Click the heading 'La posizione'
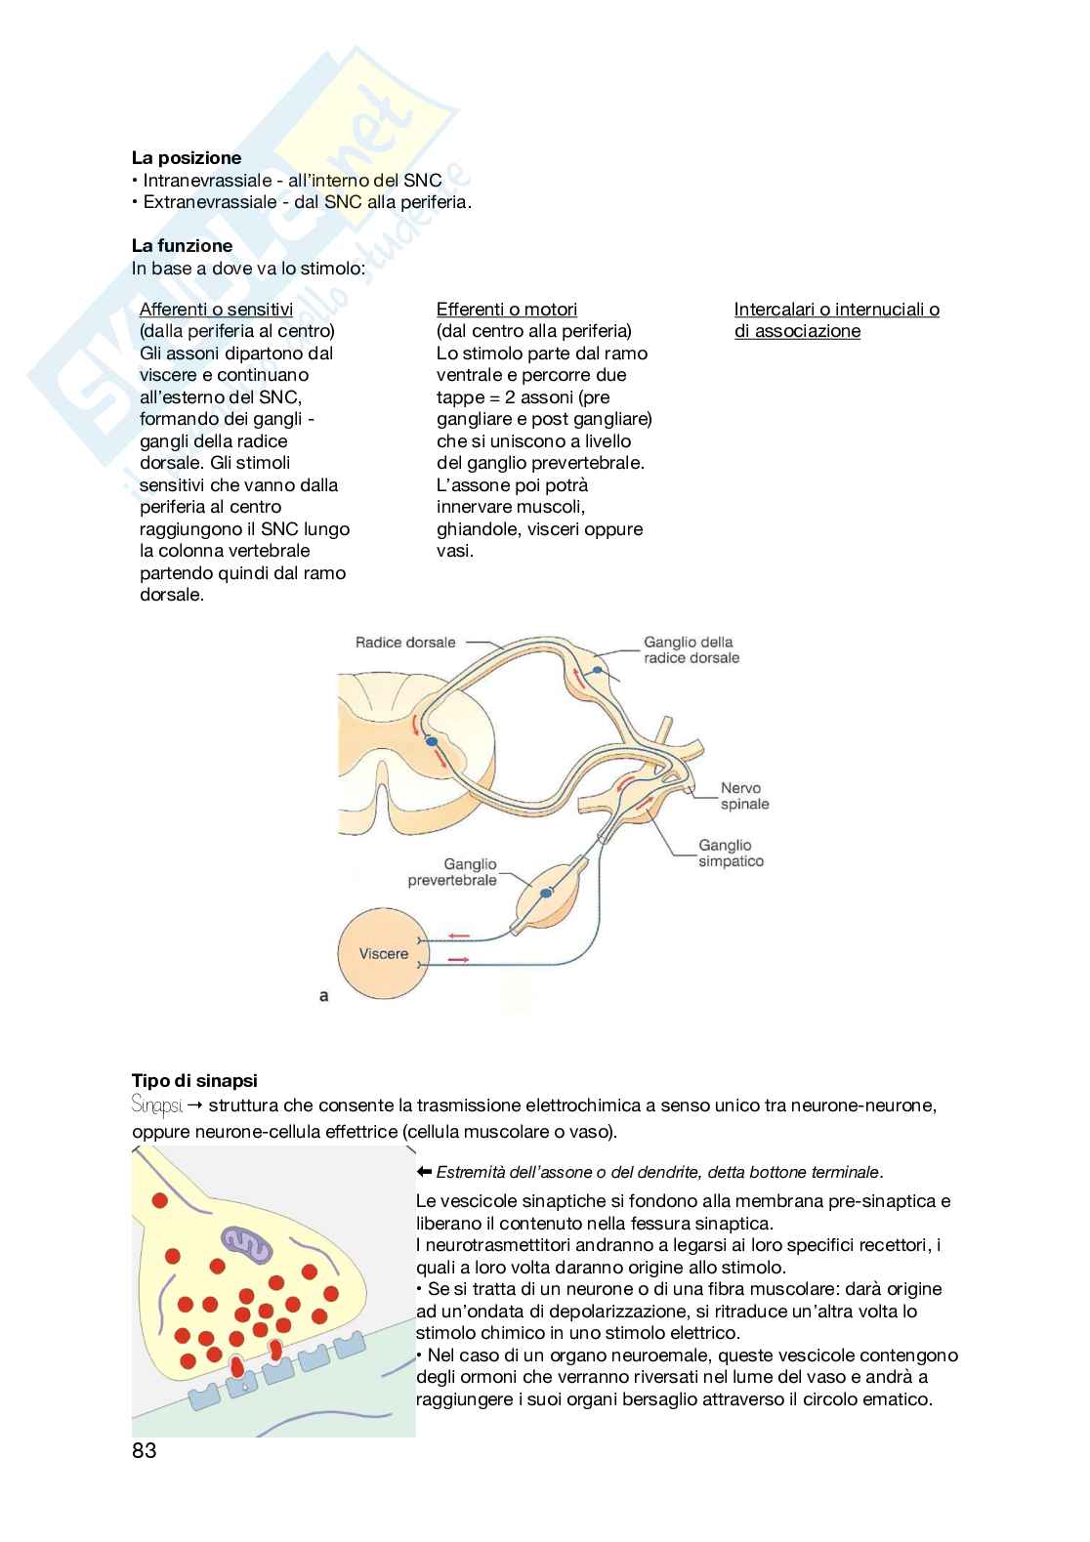[186, 157]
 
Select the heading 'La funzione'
[182, 245]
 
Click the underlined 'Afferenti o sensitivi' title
[216, 310]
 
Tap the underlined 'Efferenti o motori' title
[506, 310]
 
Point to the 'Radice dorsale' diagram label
[405, 642]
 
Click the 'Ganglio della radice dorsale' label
[691, 650]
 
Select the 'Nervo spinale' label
[744, 796]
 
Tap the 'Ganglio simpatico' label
[731, 854]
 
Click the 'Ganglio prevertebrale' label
[452, 872]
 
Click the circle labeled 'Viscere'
[383, 954]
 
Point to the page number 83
[144, 1451]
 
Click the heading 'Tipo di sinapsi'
[194, 1081]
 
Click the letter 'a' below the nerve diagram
[324, 996]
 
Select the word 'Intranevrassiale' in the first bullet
[205, 181]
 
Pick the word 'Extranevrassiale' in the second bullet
[208, 203]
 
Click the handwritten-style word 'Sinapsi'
[156, 1105]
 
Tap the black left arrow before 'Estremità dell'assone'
[424, 1172]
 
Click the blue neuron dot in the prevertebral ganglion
[548, 893]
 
